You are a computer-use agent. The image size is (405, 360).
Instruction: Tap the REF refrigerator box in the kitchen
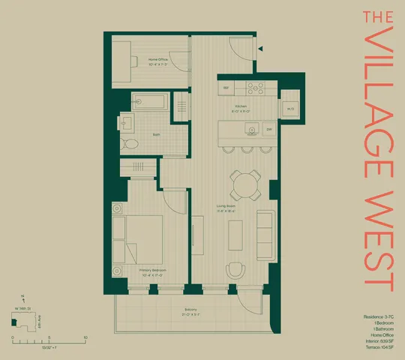coord(226,88)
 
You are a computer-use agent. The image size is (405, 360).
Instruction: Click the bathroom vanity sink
coord(127,121)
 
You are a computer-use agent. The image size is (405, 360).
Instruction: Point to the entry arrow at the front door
coord(260,48)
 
